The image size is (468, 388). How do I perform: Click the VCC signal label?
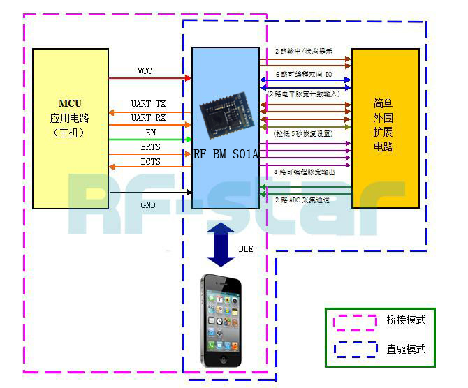pos(145,71)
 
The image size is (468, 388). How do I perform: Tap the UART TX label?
pos(148,105)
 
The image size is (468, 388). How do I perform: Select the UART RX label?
pos(148,118)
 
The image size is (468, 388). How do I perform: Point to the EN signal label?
pos(150,133)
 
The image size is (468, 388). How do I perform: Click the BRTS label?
pos(150,148)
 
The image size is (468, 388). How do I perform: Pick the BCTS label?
pos(150,162)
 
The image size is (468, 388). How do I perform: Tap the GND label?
pos(148,205)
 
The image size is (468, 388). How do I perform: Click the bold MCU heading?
pos(70,103)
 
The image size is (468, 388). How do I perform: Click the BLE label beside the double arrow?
pos(246,248)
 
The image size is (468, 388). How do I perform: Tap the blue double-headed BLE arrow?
pos(221,244)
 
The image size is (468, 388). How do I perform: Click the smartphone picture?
pos(221,321)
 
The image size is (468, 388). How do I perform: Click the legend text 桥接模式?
pos(406,320)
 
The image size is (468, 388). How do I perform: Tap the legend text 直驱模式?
pos(406,349)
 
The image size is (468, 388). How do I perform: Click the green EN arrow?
pos(150,140)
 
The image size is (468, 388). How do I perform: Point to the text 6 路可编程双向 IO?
pos(303,73)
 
